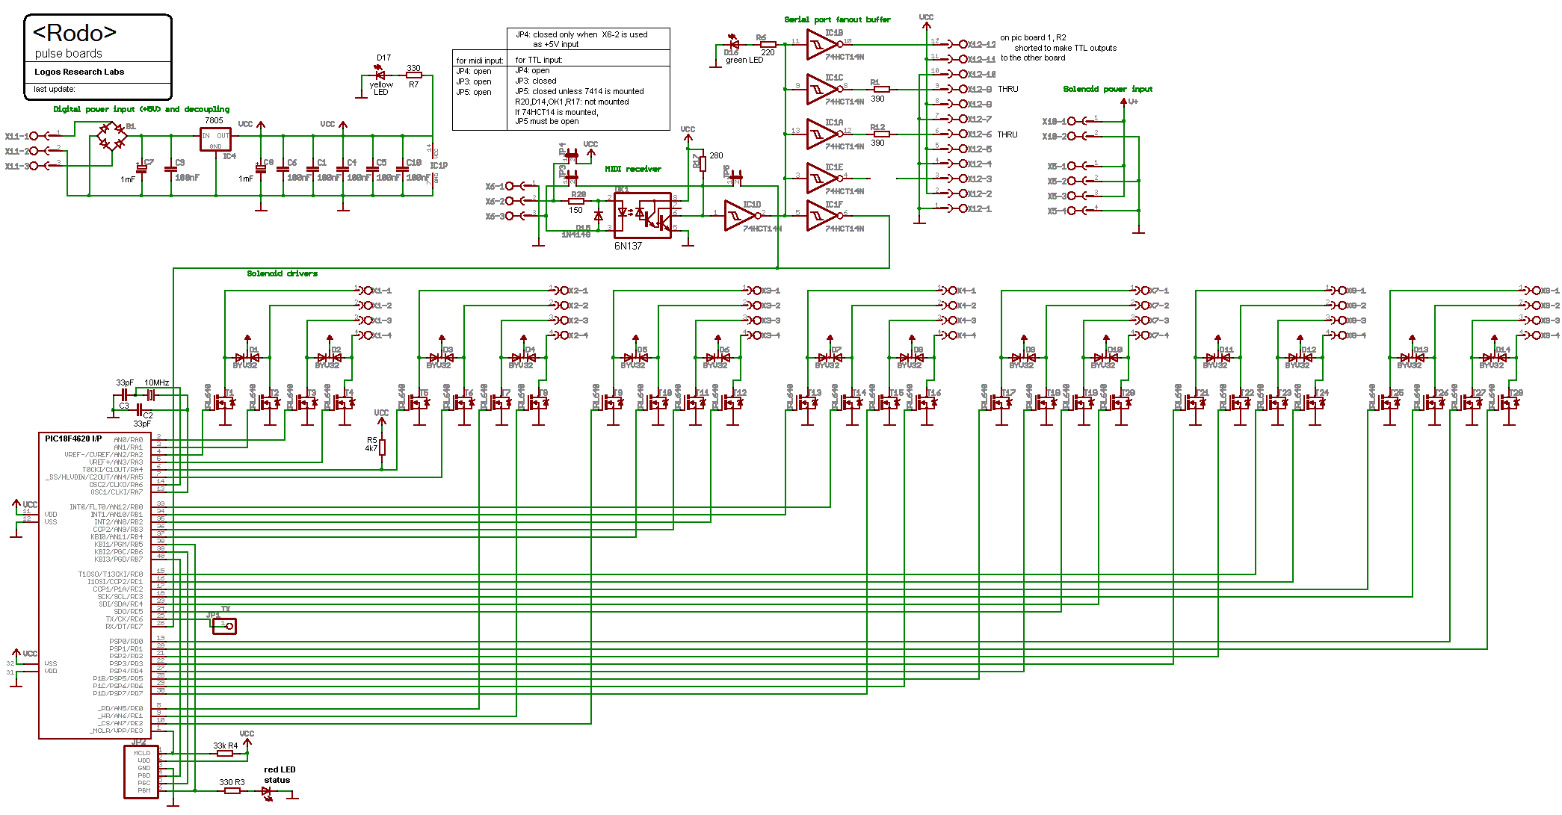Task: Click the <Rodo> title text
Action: click(75, 33)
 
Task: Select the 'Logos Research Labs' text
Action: click(79, 72)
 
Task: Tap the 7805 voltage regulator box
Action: click(215, 139)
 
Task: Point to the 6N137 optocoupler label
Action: click(628, 246)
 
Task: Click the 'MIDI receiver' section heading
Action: click(632, 169)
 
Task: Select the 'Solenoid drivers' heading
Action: click(282, 273)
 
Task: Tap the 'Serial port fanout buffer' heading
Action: click(837, 19)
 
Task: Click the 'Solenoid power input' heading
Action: click(1107, 89)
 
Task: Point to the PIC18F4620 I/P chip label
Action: click(73, 439)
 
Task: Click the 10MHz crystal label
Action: click(156, 382)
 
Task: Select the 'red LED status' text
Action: click(279, 775)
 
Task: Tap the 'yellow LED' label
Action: click(381, 88)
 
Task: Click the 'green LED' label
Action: click(744, 61)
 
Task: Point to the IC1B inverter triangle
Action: click(821, 45)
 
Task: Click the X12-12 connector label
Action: click(981, 45)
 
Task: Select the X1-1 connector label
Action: click(381, 291)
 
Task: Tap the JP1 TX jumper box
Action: click(224, 626)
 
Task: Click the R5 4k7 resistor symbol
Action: click(382, 447)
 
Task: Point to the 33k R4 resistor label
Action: click(225, 746)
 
